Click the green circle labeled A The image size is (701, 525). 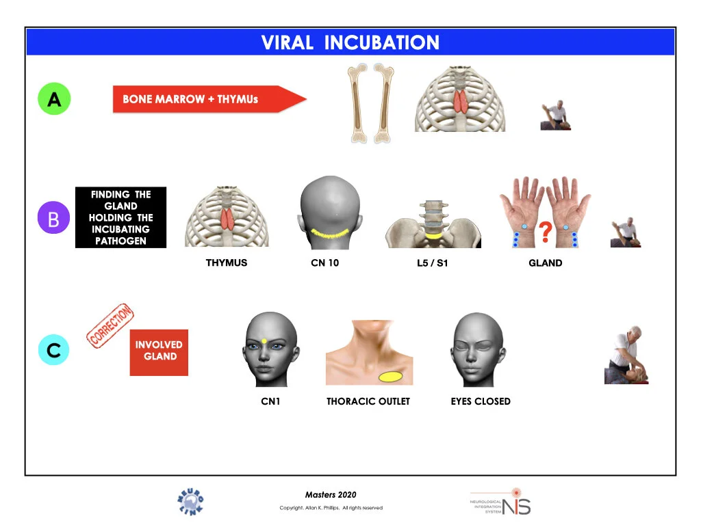[x=54, y=99]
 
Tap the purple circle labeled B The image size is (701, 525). [x=54, y=218]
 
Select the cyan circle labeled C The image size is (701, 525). [x=54, y=350]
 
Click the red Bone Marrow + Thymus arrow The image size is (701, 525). [x=205, y=99]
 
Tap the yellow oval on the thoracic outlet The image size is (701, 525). [x=390, y=375]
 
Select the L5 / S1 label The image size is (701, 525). [x=433, y=262]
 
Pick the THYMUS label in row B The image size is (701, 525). [x=227, y=262]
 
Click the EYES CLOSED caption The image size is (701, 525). [x=481, y=401]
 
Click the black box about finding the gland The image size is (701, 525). [x=120, y=217]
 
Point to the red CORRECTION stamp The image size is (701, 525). [x=110, y=326]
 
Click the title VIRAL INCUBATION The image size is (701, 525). [x=350, y=42]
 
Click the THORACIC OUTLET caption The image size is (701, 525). [x=368, y=401]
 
